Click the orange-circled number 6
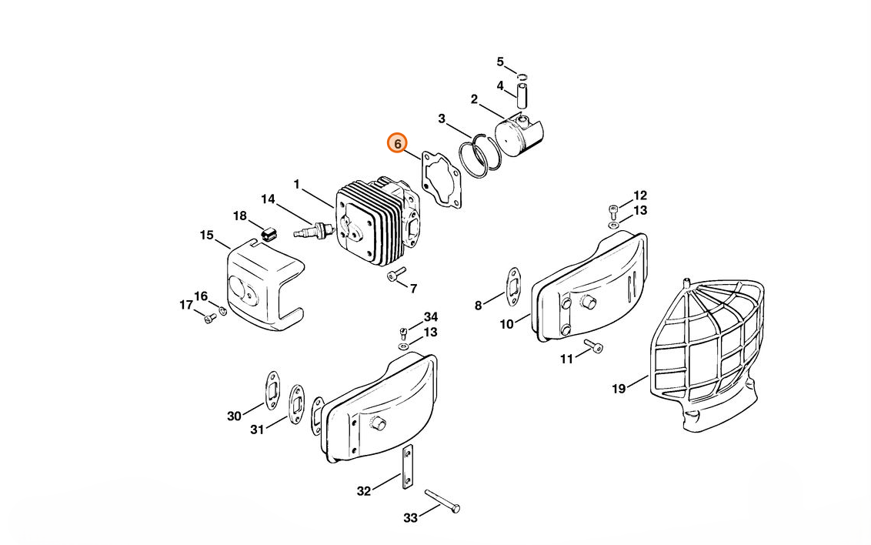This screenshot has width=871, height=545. pyautogui.click(x=397, y=144)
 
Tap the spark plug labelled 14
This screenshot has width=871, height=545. pyautogui.click(x=312, y=229)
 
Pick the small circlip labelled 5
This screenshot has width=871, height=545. pyautogui.click(x=522, y=76)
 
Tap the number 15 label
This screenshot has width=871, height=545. pyautogui.click(x=206, y=235)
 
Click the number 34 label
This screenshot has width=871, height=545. pyautogui.click(x=430, y=317)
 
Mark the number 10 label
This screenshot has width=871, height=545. pyautogui.click(x=506, y=324)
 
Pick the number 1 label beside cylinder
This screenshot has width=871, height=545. pyautogui.click(x=296, y=184)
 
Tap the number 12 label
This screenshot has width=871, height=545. pyautogui.click(x=640, y=196)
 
